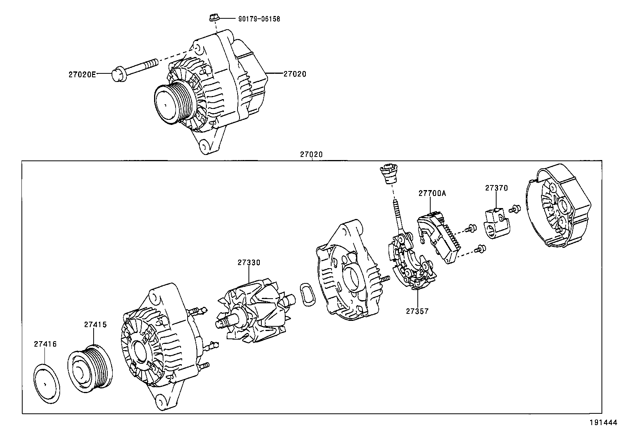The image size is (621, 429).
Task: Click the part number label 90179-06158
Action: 259,19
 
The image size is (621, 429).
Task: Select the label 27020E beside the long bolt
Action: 82,74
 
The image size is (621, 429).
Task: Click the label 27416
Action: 45,344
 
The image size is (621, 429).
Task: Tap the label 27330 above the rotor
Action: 248,263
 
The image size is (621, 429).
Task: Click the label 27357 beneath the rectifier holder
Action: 417,311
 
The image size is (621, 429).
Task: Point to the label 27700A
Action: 432,193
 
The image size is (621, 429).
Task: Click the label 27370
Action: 497,188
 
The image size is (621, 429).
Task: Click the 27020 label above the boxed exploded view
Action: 311,155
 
